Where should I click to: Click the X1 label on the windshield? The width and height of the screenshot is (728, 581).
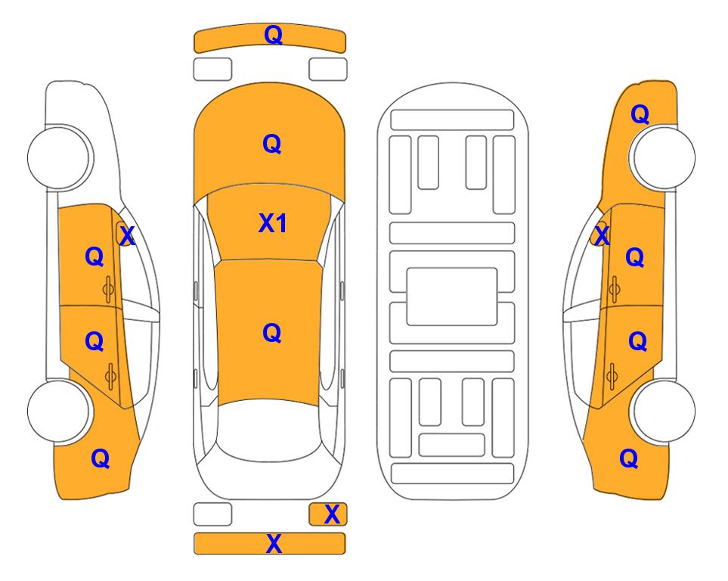273,223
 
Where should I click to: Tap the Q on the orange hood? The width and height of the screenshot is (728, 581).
272,144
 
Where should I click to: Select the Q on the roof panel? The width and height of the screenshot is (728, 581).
272,333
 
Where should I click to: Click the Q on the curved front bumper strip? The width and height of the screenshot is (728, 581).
273,35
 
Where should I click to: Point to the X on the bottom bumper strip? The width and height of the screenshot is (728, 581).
274,543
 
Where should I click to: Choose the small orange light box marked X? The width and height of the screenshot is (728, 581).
328,514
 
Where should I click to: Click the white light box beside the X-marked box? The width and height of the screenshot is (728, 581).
212,514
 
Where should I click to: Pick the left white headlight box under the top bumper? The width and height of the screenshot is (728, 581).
212,70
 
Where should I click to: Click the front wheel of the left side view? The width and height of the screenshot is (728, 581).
60,157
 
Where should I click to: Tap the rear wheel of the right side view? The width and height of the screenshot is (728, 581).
663,411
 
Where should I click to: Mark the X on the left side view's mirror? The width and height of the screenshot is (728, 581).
127,235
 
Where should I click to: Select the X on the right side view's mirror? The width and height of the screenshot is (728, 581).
602,235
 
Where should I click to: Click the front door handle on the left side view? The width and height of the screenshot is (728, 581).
109,290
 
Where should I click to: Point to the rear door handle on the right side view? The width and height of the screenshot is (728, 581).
612,376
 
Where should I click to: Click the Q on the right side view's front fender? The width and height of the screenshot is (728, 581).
640,114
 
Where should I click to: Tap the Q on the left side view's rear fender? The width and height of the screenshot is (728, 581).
101,458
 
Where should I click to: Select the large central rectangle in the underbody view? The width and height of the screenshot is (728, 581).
452,297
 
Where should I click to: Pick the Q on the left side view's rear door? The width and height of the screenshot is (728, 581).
94,342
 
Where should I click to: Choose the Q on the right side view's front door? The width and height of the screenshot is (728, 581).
635,257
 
